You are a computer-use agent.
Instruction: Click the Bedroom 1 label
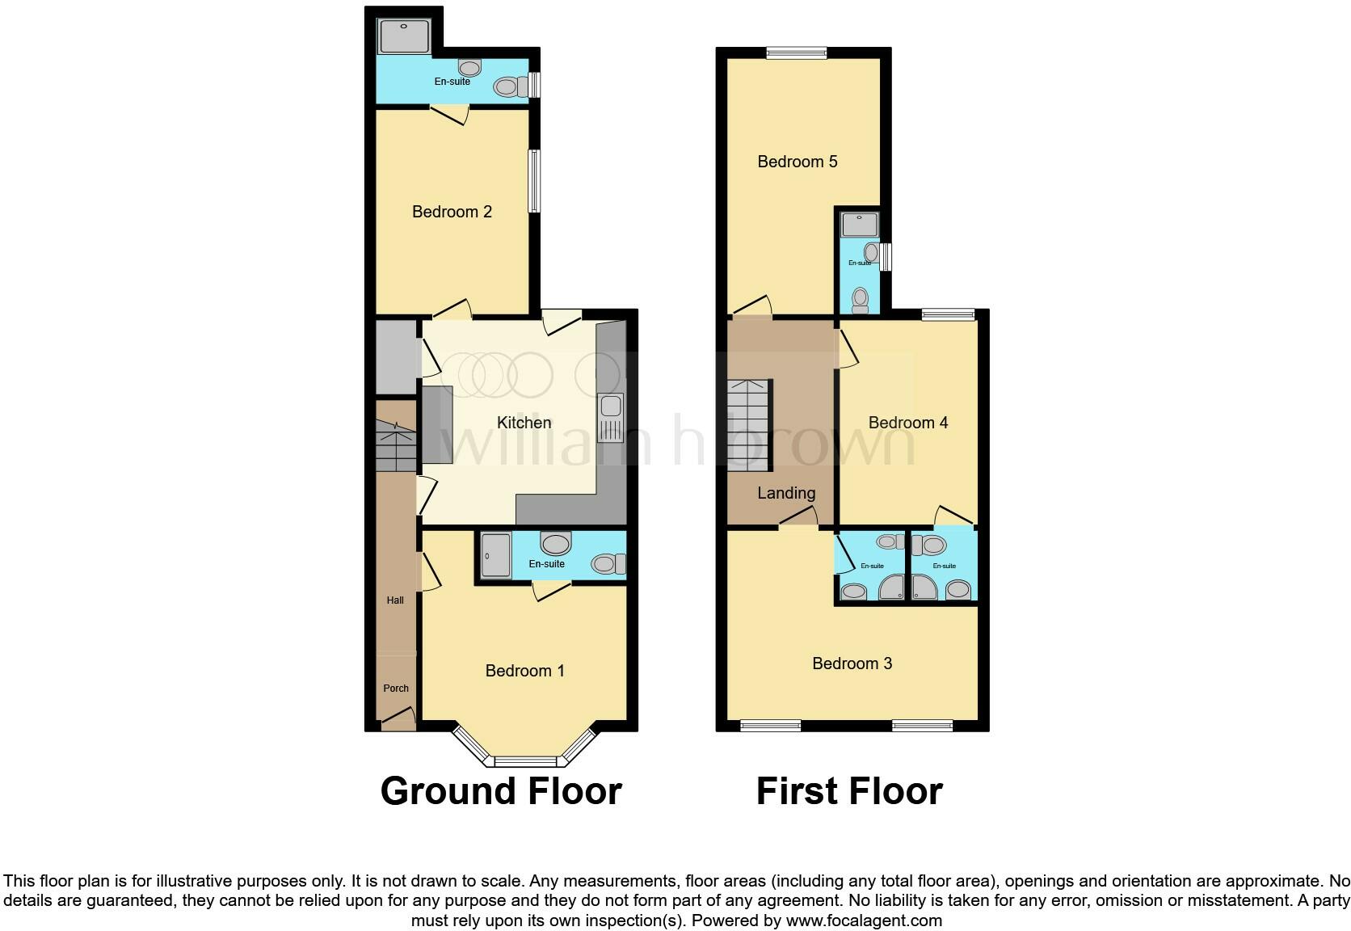click(524, 671)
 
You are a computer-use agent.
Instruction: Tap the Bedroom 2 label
click(452, 212)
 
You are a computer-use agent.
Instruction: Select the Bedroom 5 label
click(797, 162)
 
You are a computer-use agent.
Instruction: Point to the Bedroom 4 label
click(907, 423)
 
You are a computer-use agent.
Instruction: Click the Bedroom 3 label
click(852, 663)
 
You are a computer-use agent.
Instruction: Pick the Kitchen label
click(524, 423)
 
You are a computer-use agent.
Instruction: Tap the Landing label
click(785, 493)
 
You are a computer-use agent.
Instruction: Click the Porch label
click(395, 689)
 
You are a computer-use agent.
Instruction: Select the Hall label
click(395, 600)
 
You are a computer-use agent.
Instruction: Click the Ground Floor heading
click(501, 791)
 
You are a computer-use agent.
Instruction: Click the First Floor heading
click(849, 791)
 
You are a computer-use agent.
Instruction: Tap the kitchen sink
click(610, 417)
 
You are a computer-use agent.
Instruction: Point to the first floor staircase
click(748, 425)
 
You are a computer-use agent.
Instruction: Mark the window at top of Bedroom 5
click(797, 53)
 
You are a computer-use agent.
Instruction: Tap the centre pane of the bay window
click(525, 760)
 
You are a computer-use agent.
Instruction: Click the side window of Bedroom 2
click(534, 181)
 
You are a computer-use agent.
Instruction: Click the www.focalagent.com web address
click(864, 920)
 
